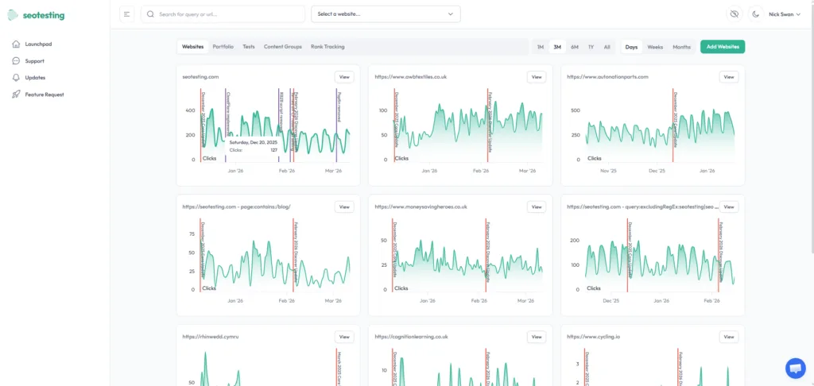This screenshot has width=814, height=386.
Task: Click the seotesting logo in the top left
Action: pyautogui.click(x=37, y=15)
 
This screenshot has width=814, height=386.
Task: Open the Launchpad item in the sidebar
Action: pyautogui.click(x=37, y=44)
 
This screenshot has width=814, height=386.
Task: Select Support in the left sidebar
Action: pyautogui.click(x=34, y=60)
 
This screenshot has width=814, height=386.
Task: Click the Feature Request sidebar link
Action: pyautogui.click(x=44, y=95)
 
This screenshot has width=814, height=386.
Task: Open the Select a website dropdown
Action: pyautogui.click(x=386, y=14)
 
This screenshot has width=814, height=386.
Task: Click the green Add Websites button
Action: pyautogui.click(x=722, y=47)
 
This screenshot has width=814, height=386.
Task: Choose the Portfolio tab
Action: pyautogui.click(x=223, y=47)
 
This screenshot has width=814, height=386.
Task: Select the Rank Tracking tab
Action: pyautogui.click(x=328, y=47)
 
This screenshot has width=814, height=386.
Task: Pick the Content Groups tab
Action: pyautogui.click(x=282, y=47)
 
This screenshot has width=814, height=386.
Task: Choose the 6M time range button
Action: pyautogui.click(x=574, y=47)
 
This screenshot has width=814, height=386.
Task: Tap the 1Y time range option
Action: pyautogui.click(x=591, y=47)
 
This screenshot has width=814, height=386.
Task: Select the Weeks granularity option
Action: pyautogui.click(x=655, y=47)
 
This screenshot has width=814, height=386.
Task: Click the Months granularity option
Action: pyautogui.click(x=681, y=47)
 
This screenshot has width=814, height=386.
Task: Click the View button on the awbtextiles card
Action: pyautogui.click(x=537, y=77)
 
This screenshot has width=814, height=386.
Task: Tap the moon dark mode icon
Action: pyautogui.click(x=755, y=14)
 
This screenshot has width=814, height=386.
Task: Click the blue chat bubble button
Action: pyautogui.click(x=795, y=368)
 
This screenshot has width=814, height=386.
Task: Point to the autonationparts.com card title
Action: pyautogui.click(x=607, y=77)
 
